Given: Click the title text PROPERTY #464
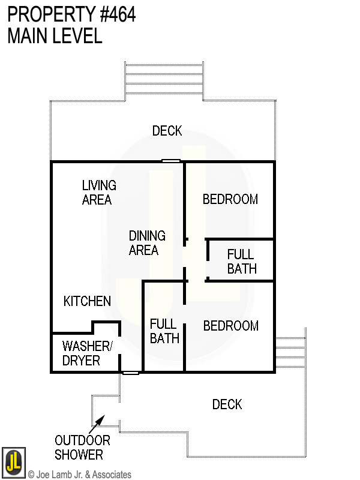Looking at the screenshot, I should point(71,14).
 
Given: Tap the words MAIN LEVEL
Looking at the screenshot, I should point(55,36).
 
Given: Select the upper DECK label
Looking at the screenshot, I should point(167,131).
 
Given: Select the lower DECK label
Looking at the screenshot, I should point(227,404).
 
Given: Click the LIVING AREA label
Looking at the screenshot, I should point(98,193).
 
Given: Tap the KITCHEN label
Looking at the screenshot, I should point(87,301).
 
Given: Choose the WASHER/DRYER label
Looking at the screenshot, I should point(86,353).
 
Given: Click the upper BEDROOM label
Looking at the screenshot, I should point(230,199).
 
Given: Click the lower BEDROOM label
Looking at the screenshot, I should point(230,326).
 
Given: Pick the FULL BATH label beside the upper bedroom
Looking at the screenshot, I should point(241,262).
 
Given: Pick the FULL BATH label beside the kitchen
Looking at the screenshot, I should point(164,331).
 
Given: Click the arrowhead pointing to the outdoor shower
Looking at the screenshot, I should point(101,419).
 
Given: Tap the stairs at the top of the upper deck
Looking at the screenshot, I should point(164,80).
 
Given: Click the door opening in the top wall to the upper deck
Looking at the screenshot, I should point(171,161).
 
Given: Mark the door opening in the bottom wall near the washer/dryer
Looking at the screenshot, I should point(130,373).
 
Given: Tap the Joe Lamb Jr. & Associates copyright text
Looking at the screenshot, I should point(79,475).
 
